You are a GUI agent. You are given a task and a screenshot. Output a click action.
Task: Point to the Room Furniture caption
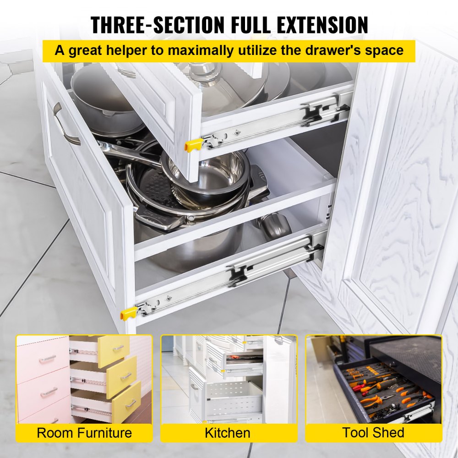click(84, 433)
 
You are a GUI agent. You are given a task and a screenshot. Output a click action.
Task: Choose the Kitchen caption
click(228, 433)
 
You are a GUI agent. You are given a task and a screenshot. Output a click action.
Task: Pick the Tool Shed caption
click(373, 433)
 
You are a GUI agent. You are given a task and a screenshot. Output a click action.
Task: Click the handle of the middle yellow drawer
click(125, 376)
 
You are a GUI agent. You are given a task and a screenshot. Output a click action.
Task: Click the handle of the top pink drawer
click(47, 359)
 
